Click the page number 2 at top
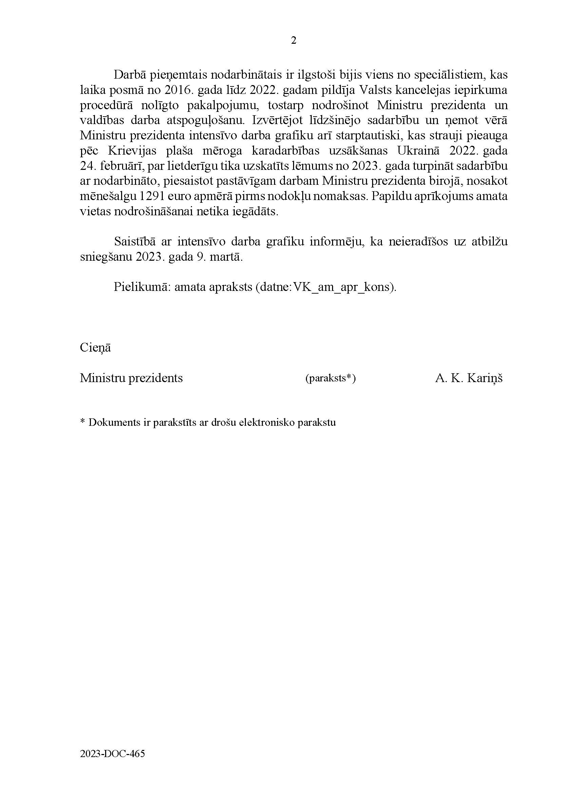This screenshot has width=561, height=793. coord(293,41)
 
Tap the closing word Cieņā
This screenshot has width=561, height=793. coord(95,348)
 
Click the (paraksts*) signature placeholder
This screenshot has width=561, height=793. coord(330,378)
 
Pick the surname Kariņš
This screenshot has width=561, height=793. coord(485,378)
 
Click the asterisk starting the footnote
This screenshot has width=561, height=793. coord(82,422)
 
